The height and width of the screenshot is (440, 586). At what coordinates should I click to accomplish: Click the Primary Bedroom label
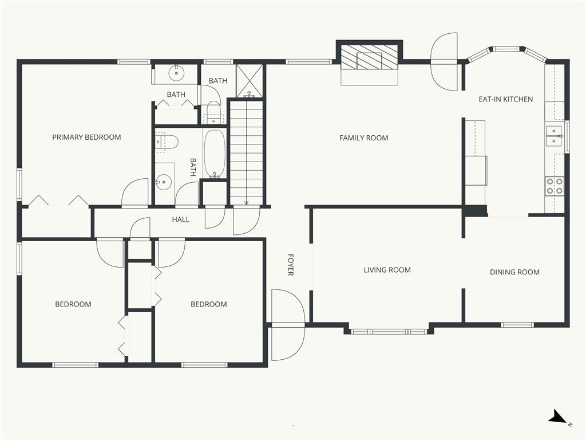point(86,137)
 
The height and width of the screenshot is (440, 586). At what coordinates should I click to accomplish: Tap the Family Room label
point(363,138)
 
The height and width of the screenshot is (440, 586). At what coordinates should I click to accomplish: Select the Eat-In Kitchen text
point(506,99)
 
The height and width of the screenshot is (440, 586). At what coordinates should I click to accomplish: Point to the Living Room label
point(387,270)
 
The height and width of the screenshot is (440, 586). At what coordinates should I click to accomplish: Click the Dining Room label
point(514,272)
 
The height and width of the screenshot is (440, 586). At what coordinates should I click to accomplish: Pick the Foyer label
point(290,265)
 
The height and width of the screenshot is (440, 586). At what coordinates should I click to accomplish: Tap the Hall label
point(180,219)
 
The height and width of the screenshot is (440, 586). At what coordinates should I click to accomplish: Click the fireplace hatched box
point(369,57)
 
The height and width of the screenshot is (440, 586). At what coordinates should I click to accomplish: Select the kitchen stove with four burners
point(554,186)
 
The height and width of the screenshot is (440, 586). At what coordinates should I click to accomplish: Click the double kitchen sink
point(554,135)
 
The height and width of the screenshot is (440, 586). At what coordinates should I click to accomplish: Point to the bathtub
point(215,153)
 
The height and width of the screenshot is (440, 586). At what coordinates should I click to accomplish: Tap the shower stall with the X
point(250,81)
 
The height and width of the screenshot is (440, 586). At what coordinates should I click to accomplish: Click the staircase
point(246,152)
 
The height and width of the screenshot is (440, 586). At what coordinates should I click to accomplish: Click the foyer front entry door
point(288,324)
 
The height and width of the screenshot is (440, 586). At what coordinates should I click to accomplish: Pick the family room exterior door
point(444,61)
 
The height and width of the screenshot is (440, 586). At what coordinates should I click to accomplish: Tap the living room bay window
point(389,332)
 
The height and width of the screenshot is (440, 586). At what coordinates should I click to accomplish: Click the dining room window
point(517,325)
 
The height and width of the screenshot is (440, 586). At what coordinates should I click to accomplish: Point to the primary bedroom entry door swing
point(134,192)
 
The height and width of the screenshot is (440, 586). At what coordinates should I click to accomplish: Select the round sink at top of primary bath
point(176,73)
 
